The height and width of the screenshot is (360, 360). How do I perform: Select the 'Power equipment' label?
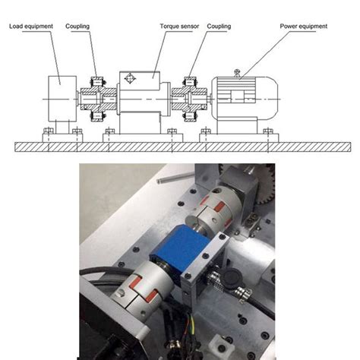[x=302, y=26]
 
